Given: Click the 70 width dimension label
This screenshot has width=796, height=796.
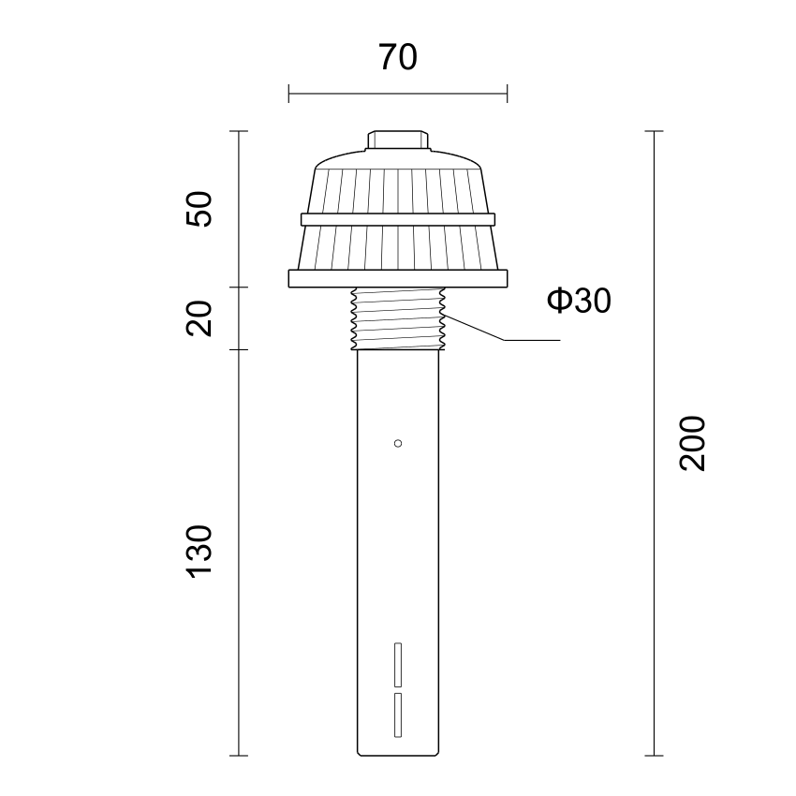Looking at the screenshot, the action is (x=398, y=57).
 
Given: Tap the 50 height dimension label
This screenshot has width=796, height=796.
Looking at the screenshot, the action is (x=199, y=209).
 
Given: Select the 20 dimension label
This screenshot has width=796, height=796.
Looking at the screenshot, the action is (x=199, y=318).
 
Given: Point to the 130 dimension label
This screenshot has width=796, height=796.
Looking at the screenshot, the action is (x=199, y=552).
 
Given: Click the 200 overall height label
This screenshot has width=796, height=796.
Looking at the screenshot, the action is (x=692, y=444).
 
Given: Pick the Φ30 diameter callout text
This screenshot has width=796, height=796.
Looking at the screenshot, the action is (x=579, y=300).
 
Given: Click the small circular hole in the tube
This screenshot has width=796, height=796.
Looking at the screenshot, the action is (x=398, y=444).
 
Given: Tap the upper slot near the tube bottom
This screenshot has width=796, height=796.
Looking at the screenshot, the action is (x=398, y=665).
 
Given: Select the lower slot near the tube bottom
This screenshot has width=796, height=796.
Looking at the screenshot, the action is (x=398, y=715).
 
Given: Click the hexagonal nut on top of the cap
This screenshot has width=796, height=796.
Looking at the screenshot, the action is (x=398, y=140).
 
